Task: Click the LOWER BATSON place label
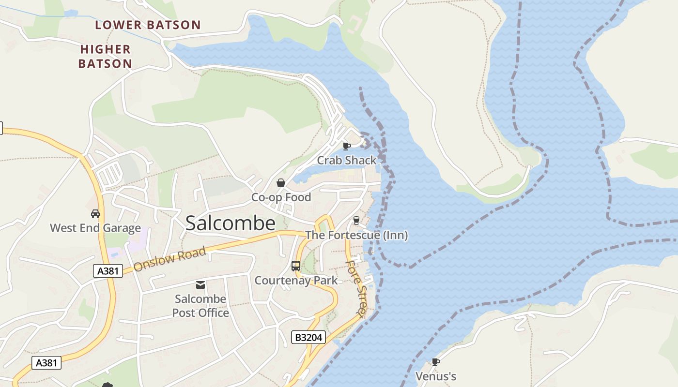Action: (148, 25)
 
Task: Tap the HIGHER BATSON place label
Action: (105, 56)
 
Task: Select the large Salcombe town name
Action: (231, 223)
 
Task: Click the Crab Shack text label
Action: (347, 160)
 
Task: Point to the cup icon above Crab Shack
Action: (346, 146)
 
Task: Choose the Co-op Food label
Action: (281, 197)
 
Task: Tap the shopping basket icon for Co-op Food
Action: (280, 183)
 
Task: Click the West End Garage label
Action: (95, 228)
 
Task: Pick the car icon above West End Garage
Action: (95, 213)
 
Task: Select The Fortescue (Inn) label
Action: (356, 236)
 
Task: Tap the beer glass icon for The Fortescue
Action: (357, 221)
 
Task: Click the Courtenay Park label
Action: (296, 281)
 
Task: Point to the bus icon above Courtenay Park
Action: (296, 266)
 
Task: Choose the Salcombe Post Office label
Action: (200, 306)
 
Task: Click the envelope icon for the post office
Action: (200, 285)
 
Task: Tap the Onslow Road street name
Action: (170, 259)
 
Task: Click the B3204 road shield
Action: (308, 337)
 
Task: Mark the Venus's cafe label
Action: (436, 376)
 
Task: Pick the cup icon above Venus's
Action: (436, 362)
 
